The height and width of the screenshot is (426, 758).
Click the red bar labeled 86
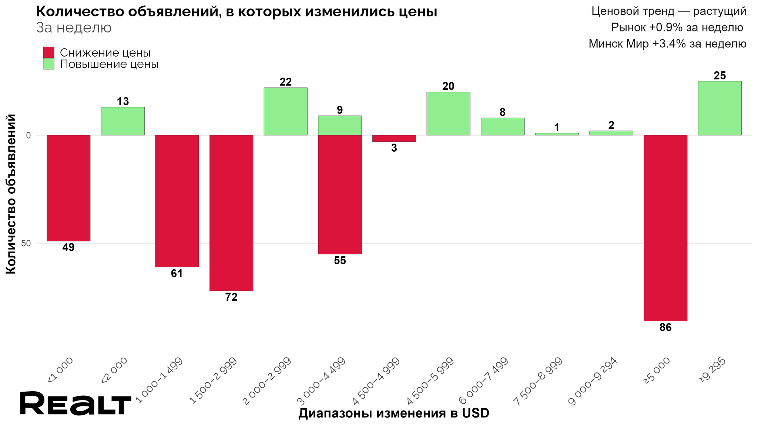coord(665,228)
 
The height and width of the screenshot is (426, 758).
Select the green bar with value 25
coord(720,108)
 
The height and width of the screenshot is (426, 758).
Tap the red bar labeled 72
coord(231,213)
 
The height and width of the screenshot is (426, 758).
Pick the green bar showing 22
coord(285,111)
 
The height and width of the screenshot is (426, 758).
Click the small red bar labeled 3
coord(394,138)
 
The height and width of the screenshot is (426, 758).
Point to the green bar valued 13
coord(123,121)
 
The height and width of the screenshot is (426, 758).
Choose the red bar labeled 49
coord(68,188)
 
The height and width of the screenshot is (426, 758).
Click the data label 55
coord(340,261)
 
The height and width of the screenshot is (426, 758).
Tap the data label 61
coord(177,274)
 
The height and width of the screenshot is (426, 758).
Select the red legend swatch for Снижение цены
coord(48,53)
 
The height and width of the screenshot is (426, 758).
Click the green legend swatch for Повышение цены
coord(48,64)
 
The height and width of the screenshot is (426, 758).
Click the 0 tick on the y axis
coord(28,135)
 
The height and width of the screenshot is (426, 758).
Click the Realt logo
coord(75,403)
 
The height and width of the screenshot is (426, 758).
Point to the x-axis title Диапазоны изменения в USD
coord(394,413)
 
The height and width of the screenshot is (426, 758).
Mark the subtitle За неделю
coord(74,28)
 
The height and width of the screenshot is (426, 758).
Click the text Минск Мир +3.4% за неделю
coord(667,44)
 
